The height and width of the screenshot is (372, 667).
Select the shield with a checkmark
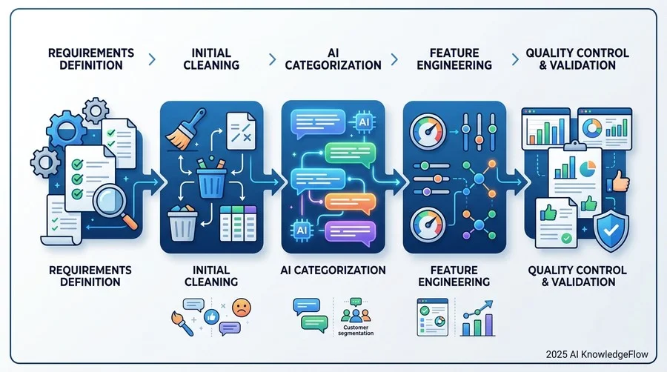point(611,230)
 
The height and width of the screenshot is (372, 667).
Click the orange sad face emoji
point(241,308)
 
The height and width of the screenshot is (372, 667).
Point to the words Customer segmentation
point(356,331)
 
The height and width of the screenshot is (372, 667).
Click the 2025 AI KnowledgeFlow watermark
point(597,354)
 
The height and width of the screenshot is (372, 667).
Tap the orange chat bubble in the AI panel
point(350,204)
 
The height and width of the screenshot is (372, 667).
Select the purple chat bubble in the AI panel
point(350,233)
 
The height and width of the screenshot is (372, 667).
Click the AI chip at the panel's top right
point(364,122)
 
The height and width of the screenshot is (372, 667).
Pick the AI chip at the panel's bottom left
point(302,230)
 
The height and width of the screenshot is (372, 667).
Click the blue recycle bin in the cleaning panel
point(211,179)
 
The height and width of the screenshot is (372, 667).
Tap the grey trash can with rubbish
point(182,223)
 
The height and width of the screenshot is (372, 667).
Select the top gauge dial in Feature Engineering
point(428,131)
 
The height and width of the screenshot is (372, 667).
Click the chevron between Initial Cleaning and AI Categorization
point(273,59)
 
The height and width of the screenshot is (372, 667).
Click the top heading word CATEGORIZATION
point(333,65)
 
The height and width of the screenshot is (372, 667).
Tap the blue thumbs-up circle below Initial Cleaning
point(211,316)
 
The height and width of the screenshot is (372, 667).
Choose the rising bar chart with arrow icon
point(478,318)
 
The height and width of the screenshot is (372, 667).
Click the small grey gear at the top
point(96,110)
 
